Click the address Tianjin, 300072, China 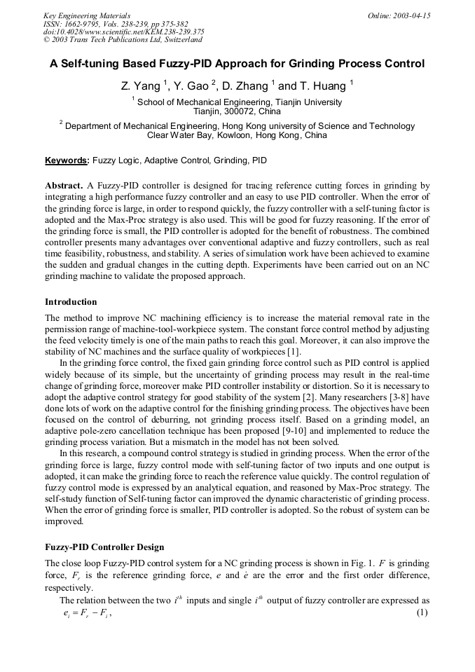[x=237, y=111]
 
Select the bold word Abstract [x=64, y=186]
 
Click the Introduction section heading [x=71, y=302]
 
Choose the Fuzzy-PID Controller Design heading [x=104, y=547]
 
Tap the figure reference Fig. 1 [x=369, y=563]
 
